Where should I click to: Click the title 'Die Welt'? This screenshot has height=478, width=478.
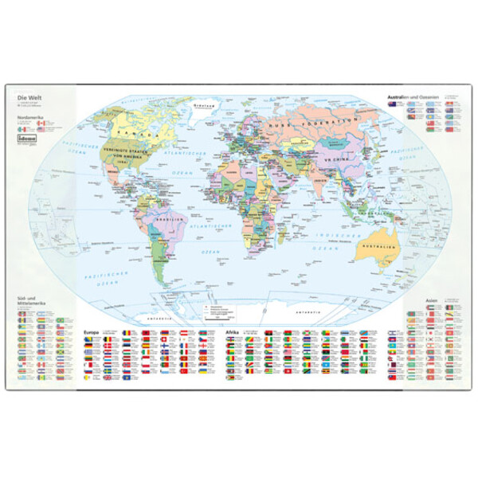click(x=28, y=98)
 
